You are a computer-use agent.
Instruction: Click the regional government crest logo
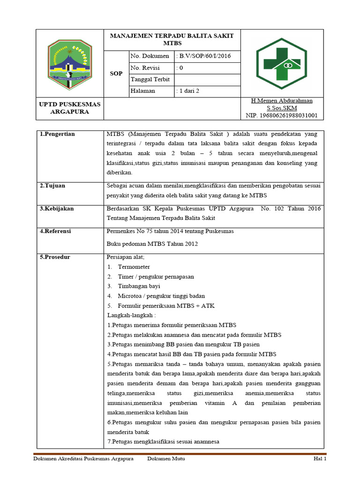(x=69, y=63)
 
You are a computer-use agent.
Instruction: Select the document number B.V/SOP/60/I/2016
(x=203, y=57)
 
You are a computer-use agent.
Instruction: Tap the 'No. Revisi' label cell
(x=145, y=68)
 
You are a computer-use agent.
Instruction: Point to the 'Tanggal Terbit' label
(x=150, y=79)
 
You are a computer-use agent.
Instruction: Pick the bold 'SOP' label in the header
(x=116, y=74)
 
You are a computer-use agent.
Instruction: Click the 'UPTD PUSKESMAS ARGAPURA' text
(x=69, y=108)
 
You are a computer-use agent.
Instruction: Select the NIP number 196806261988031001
(x=281, y=115)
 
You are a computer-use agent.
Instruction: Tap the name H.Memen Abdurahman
(x=282, y=101)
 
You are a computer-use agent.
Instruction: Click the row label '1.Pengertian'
(x=57, y=134)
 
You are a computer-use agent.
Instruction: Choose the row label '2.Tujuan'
(x=52, y=186)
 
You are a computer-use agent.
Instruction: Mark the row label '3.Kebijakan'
(x=57, y=209)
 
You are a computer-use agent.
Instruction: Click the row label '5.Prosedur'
(x=55, y=257)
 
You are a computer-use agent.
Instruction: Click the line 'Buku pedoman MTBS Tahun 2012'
(x=153, y=244)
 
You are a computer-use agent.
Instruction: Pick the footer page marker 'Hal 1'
(x=320, y=458)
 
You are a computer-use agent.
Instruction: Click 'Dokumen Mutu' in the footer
(x=166, y=458)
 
